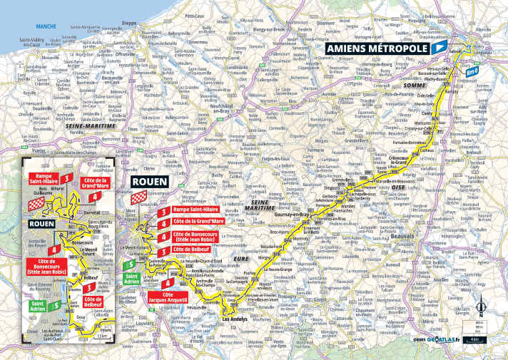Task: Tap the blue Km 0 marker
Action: (x=470, y=71)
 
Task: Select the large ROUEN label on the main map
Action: (x=149, y=181)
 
